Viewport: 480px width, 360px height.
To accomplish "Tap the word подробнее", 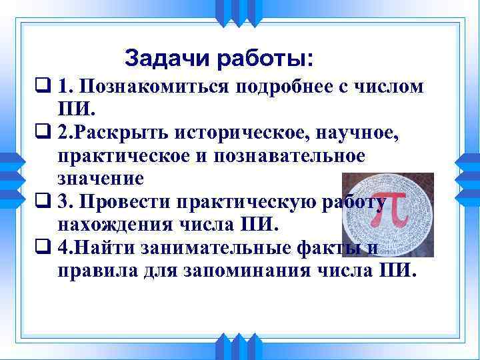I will tap(283, 87).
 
